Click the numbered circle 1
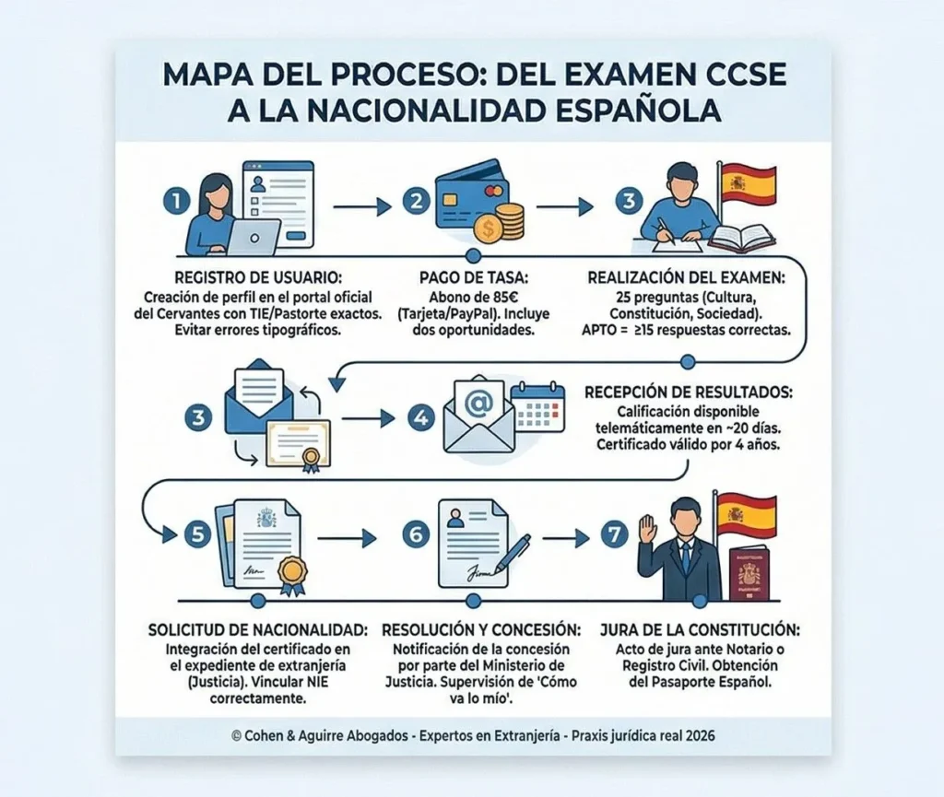[172, 201]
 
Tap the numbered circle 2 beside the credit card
[418, 201]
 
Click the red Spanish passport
[748, 574]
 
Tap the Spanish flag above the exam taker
[748, 183]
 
